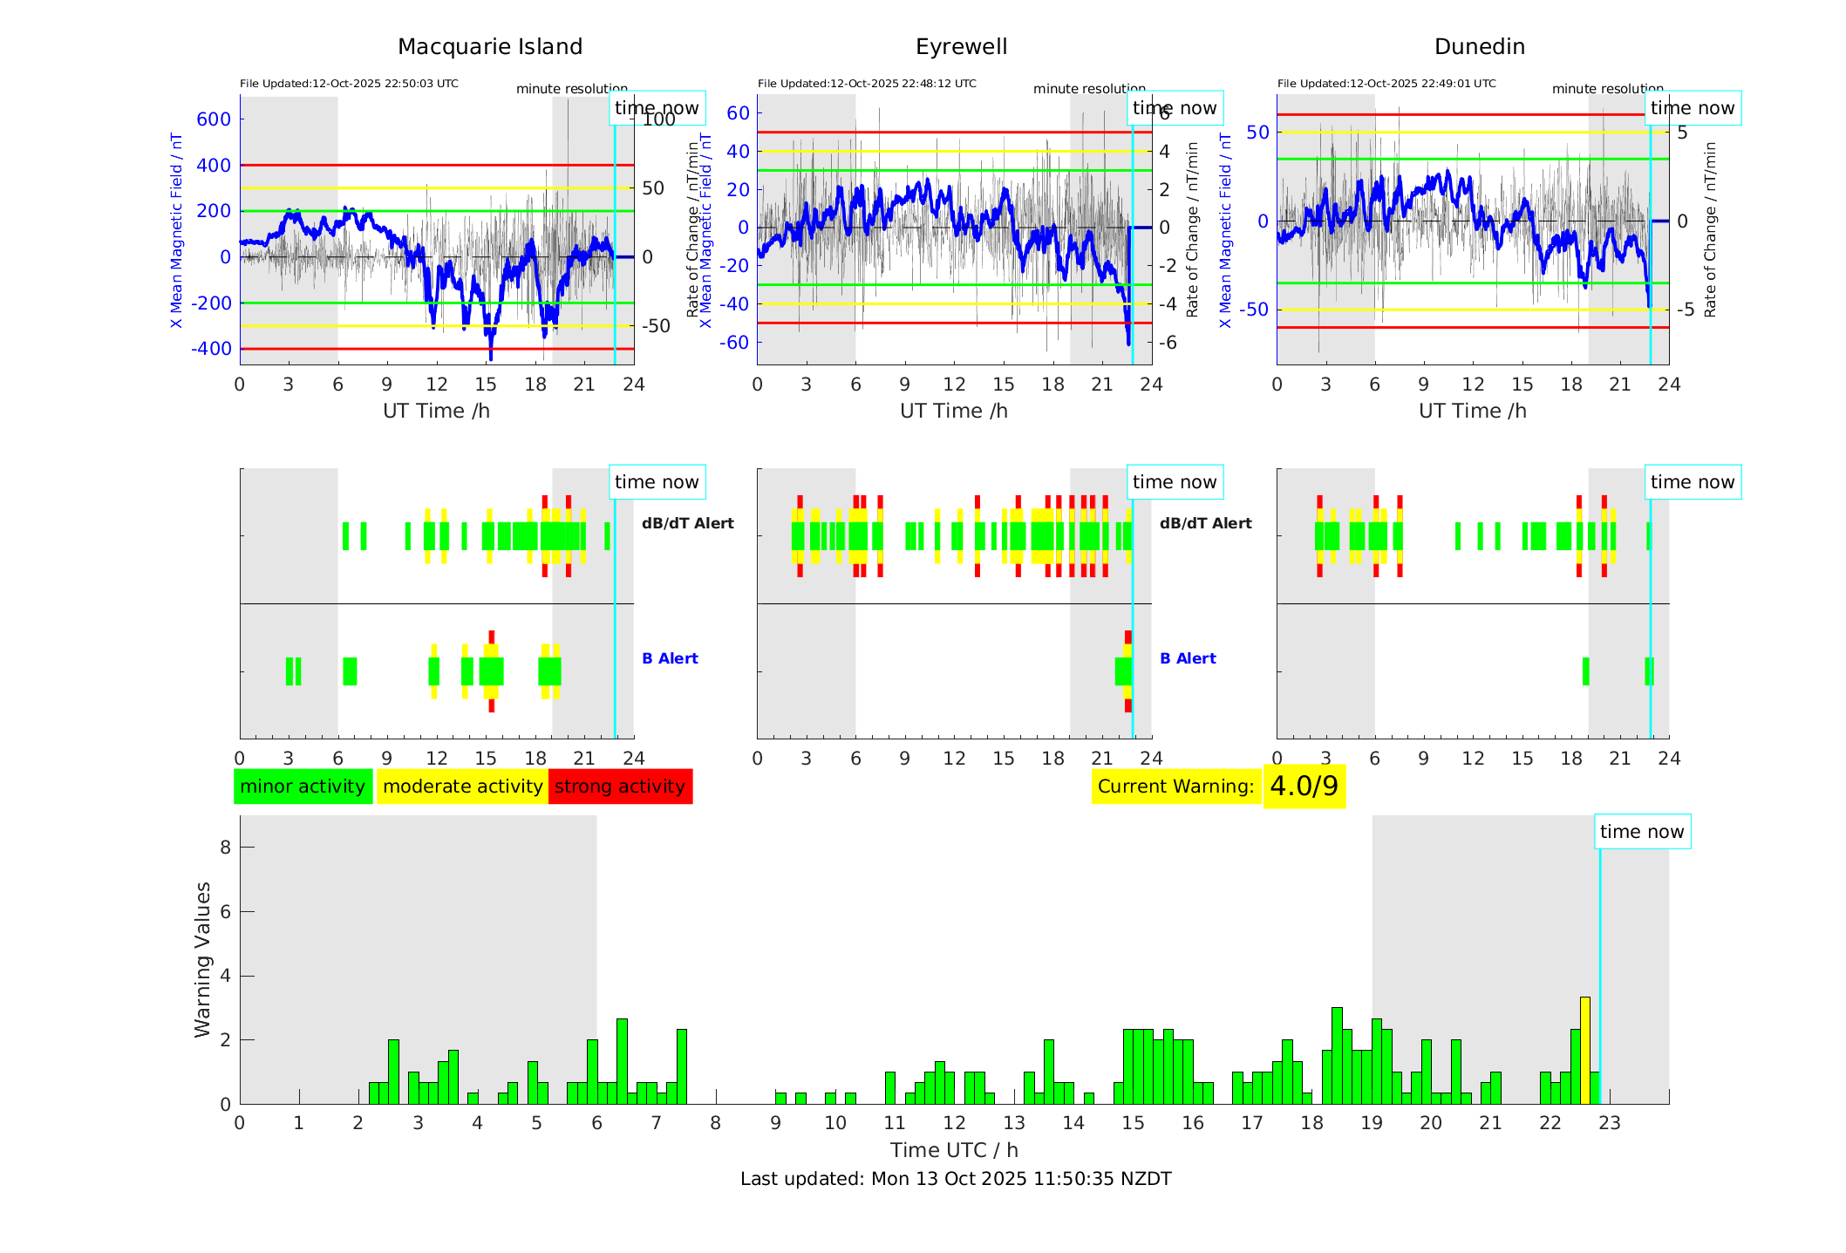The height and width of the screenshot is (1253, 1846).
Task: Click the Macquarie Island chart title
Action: click(489, 47)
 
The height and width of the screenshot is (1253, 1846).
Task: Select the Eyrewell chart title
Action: click(961, 47)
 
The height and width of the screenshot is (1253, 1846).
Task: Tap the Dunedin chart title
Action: click(1479, 47)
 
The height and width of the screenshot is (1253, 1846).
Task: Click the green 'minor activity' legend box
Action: click(303, 787)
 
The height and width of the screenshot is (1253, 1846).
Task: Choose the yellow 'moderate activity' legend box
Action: click(462, 787)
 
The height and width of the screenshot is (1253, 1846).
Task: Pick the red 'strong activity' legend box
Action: click(620, 787)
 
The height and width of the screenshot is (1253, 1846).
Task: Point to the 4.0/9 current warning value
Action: click(1304, 787)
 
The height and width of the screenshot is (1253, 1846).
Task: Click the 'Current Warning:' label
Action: click(1175, 787)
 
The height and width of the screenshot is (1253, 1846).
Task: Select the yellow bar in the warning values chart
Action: click(1584, 1050)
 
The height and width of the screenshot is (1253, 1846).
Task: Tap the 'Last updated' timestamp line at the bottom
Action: click(956, 1179)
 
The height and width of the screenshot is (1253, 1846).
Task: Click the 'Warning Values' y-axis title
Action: click(203, 959)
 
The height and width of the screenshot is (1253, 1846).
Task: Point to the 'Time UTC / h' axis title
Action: click(954, 1150)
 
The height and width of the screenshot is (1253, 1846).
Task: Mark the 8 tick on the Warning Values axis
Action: click(225, 848)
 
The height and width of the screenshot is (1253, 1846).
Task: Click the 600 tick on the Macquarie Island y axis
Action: click(214, 119)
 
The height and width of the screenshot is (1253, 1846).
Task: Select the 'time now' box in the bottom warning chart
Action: click(1642, 832)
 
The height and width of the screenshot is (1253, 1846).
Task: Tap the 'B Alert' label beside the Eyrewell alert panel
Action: click(1188, 658)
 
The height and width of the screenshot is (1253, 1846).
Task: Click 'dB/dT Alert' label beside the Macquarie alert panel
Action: click(687, 523)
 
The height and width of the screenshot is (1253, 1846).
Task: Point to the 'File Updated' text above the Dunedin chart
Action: click(1386, 84)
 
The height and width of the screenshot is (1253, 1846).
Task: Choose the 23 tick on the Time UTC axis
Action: click(1609, 1123)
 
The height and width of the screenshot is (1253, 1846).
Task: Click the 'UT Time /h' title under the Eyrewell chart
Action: click(954, 411)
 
